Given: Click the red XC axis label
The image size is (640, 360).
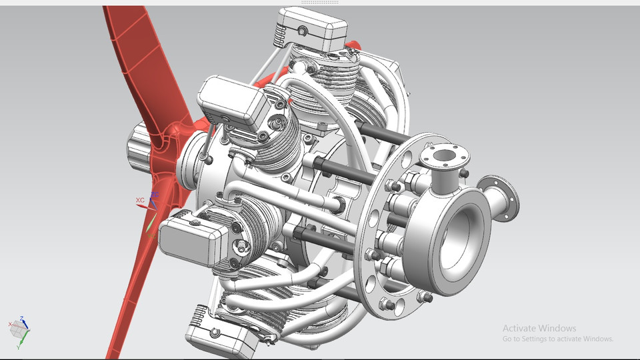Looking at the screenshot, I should click(x=140, y=200).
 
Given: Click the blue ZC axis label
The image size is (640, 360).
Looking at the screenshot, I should click(x=155, y=195).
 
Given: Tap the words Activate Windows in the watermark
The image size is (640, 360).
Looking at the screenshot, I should click(x=539, y=328).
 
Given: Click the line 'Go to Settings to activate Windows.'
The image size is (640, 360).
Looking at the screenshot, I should click(x=557, y=339).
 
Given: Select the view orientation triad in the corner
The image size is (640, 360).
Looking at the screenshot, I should click(x=19, y=329).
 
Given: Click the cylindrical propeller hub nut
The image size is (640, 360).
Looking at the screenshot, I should click(x=139, y=147).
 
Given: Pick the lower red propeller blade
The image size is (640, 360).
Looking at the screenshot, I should click(x=133, y=293).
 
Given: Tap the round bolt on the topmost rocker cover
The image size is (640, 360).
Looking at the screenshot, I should click(x=303, y=31).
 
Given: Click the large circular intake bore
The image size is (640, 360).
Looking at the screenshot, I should click(x=460, y=230).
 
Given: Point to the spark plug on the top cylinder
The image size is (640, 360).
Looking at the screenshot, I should click(x=308, y=67).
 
